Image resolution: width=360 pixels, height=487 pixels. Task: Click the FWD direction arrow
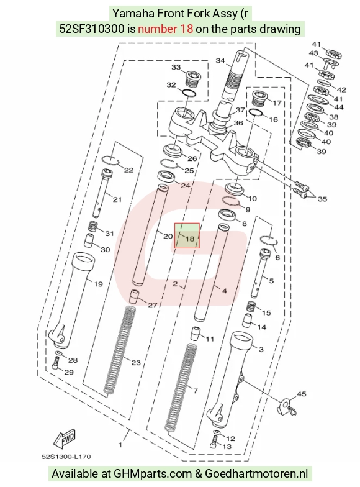pyautogui.click(x=65, y=439)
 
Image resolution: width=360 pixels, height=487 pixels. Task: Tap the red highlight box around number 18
pyautogui.click(x=175, y=235)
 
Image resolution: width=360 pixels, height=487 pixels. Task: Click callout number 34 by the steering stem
pyautogui.click(x=220, y=61)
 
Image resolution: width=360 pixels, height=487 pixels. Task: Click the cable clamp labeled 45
pyautogui.click(x=286, y=407)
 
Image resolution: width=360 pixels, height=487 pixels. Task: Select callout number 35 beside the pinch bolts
pyautogui.click(x=322, y=199)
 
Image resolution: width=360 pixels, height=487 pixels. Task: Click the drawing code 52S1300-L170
pyautogui.click(x=66, y=457)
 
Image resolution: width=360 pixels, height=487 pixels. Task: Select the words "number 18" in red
pyautogui.click(x=165, y=29)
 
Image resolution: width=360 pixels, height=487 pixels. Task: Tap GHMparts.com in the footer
pyautogui.click(x=153, y=473)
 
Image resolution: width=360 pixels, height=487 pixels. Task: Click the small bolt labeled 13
pyautogui.click(x=214, y=442)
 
